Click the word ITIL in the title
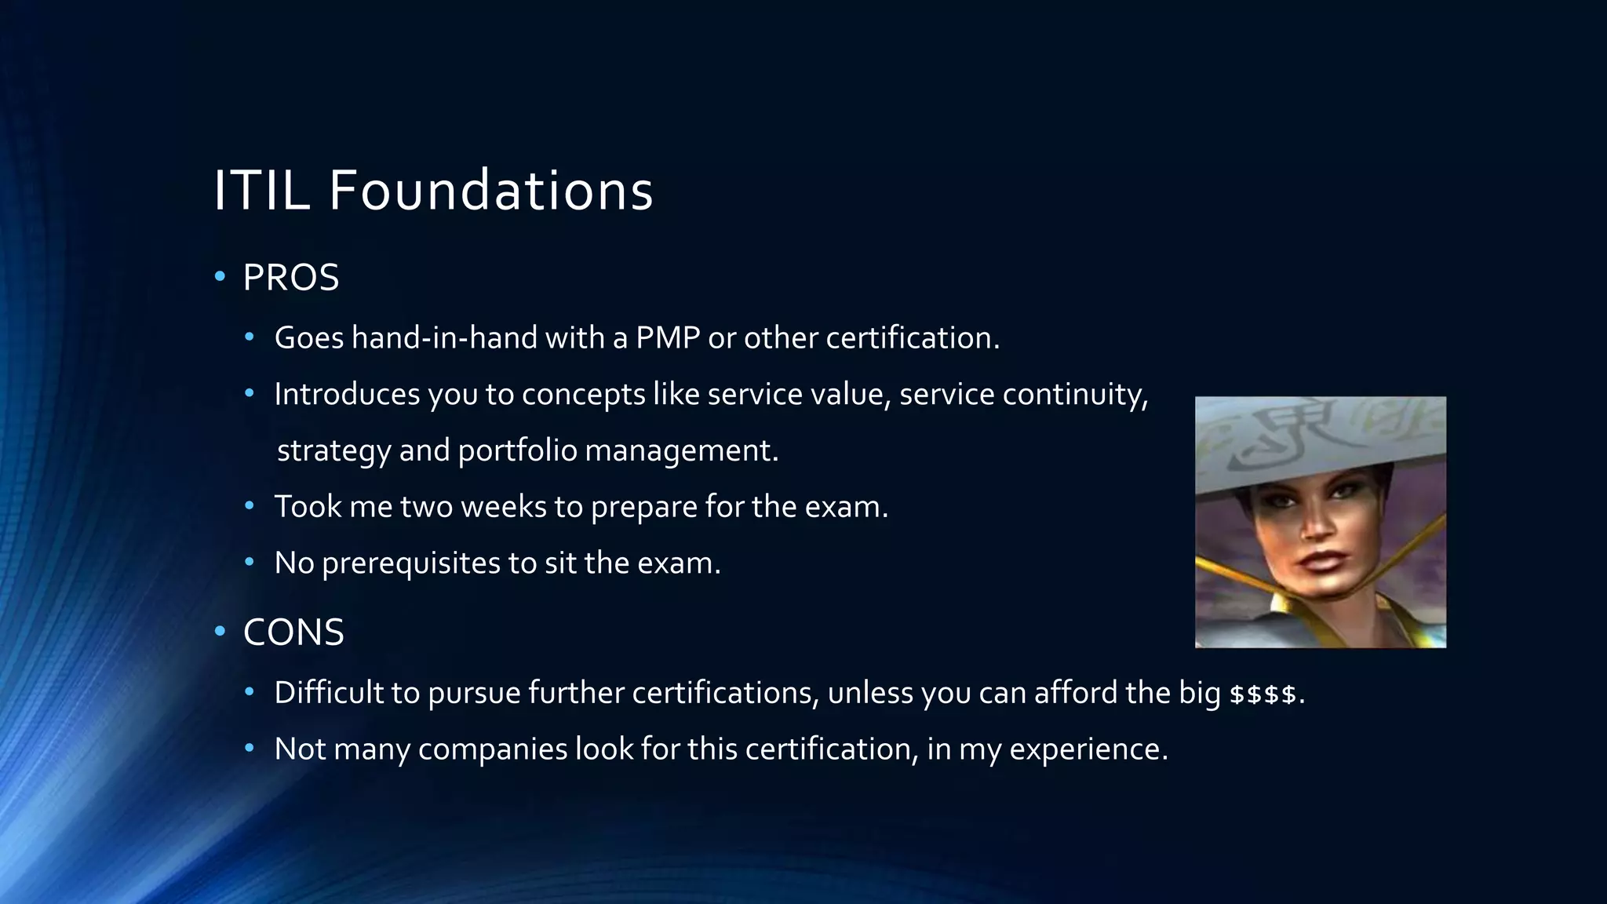[x=261, y=191]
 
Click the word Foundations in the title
[x=491, y=191]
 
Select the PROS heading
[x=291, y=278]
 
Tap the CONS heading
[x=293, y=632]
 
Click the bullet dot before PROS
[x=220, y=277]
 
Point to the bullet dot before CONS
[x=220, y=632]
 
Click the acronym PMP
[x=668, y=338]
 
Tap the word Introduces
[x=347, y=395]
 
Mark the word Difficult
[x=329, y=693]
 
